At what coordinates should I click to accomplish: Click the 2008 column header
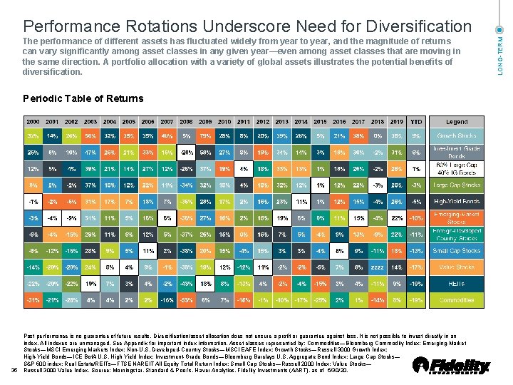(x=186, y=122)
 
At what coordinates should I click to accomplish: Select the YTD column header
(x=416, y=122)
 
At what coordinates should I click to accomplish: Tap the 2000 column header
(x=33, y=122)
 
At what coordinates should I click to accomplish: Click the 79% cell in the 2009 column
(x=205, y=135)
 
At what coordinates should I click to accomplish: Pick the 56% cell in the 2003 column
(x=90, y=135)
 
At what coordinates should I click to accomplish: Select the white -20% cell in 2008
(x=186, y=152)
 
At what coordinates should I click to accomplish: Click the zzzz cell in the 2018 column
(x=378, y=267)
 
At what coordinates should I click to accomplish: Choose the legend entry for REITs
(x=457, y=284)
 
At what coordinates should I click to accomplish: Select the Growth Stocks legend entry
(x=457, y=135)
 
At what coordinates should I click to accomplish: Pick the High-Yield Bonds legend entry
(x=457, y=202)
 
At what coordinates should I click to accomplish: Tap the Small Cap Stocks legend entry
(x=457, y=251)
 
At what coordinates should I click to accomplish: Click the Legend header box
(x=457, y=122)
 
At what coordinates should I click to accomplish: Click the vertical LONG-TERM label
(x=500, y=51)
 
